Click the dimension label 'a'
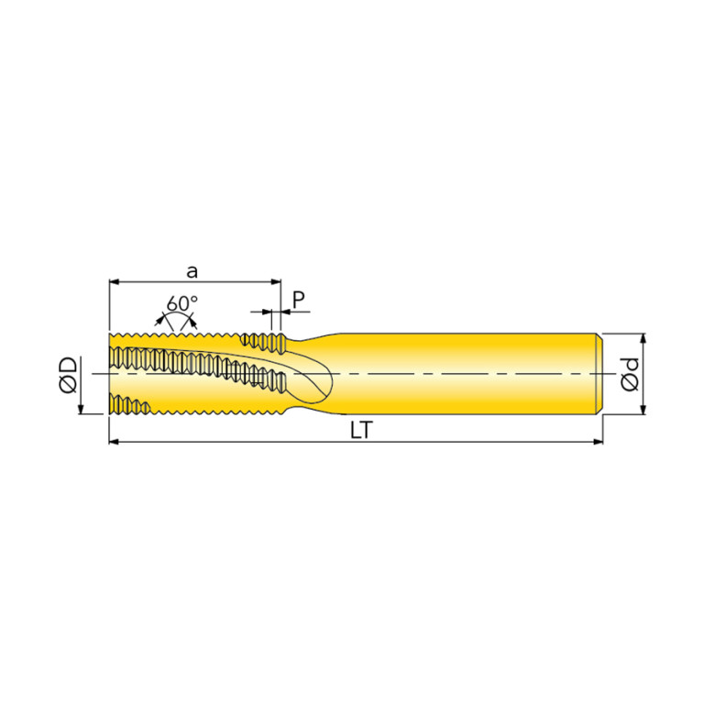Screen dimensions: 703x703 [x=192, y=271]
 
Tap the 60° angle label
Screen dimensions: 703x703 [x=181, y=303]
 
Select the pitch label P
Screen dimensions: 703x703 [x=299, y=299]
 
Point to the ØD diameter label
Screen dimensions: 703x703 [x=68, y=375]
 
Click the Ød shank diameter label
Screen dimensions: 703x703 [x=630, y=375]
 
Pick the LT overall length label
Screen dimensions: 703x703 [x=361, y=431]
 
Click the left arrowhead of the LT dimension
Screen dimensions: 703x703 [x=114, y=442]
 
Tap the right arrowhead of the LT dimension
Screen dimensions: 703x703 [x=599, y=442]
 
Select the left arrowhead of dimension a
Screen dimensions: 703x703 [x=114, y=282]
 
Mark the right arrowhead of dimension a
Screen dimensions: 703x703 [x=276, y=282]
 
